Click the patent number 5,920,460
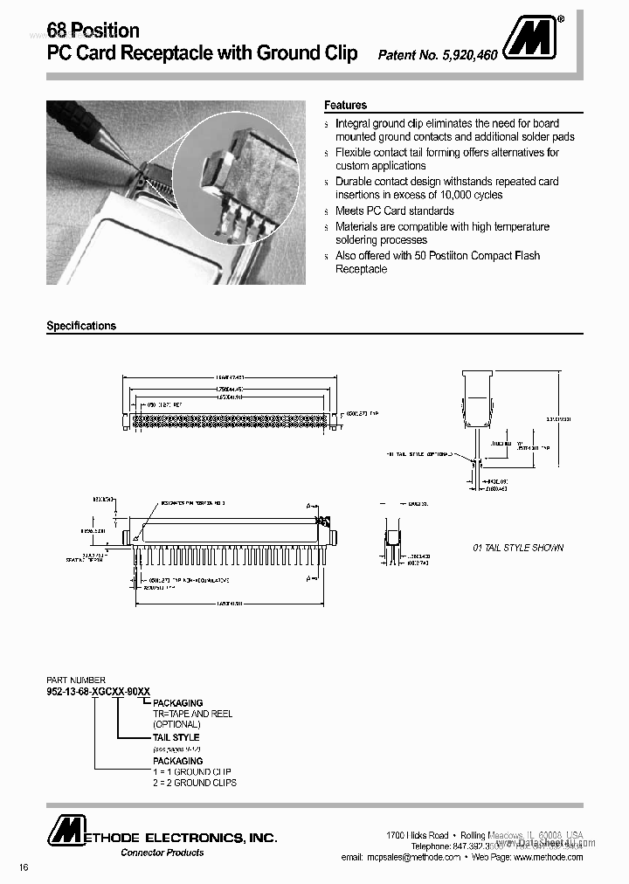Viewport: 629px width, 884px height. [438, 55]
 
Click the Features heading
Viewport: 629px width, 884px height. [345, 105]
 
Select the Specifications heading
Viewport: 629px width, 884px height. [81, 326]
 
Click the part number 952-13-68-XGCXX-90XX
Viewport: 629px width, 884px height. [98, 691]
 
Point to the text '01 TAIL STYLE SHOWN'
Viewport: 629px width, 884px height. [518, 548]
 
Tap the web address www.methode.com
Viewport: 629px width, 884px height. [548, 857]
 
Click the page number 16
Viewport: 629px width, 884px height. [23, 867]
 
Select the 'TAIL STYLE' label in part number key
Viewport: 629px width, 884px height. [176, 737]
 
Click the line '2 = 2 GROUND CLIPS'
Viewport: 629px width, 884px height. [195, 783]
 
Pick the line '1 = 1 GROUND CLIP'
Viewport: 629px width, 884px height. [192, 772]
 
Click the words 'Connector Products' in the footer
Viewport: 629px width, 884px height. [162, 853]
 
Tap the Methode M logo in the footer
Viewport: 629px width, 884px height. [64, 831]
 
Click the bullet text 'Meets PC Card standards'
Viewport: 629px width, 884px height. [395, 211]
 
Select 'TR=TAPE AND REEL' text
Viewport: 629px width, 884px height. [193, 714]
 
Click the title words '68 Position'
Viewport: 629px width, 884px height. [93, 31]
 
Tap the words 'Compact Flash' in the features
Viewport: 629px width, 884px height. [508, 255]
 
